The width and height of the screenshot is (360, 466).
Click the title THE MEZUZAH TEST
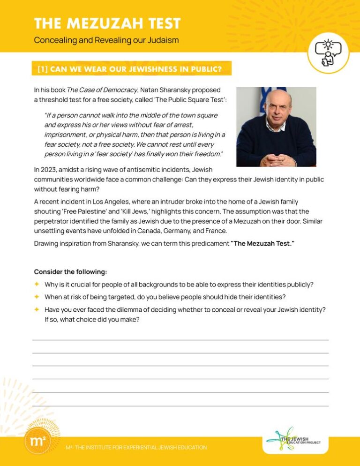coord(107,23)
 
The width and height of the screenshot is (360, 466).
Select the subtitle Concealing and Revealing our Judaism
coord(106,40)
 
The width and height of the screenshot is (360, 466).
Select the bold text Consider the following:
coord(70,271)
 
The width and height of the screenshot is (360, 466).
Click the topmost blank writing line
coord(180,339)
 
